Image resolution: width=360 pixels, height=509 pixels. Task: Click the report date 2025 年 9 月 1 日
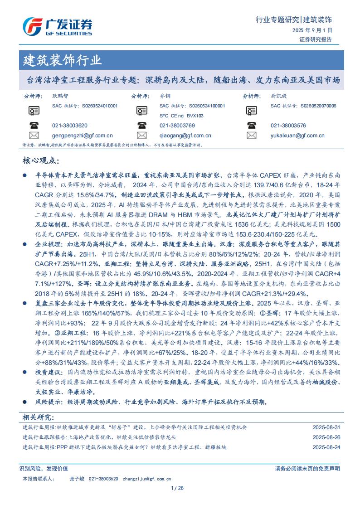(x=312, y=30)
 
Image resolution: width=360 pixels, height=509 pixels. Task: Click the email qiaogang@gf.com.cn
(x=185, y=135)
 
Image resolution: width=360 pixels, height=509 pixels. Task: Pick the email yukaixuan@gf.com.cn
(x=297, y=135)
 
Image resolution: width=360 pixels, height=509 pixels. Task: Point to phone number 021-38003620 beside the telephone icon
(x=70, y=126)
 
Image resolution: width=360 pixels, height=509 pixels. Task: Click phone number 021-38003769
(x=177, y=126)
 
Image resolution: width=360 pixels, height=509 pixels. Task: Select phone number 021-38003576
(x=288, y=126)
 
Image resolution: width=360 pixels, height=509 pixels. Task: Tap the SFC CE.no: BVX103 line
(x=181, y=116)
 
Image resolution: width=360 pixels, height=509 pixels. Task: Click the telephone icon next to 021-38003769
(x=142, y=126)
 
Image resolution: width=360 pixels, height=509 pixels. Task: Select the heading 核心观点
(x=41, y=161)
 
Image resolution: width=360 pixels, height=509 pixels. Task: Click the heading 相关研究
(x=38, y=417)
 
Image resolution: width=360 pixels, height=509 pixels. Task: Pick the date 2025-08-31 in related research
(x=326, y=427)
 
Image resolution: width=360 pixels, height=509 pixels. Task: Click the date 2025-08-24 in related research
(x=326, y=447)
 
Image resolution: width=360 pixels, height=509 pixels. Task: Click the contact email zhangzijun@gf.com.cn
(x=147, y=479)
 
